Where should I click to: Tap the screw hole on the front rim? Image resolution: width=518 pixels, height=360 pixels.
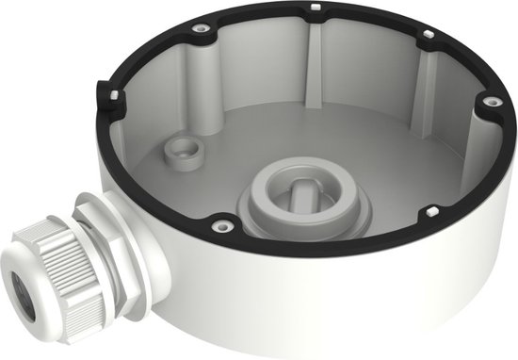coord(222,224)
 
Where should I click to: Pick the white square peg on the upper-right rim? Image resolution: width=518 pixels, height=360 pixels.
coord(428,36)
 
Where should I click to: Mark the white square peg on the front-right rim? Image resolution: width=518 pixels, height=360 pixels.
coord(431,209)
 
